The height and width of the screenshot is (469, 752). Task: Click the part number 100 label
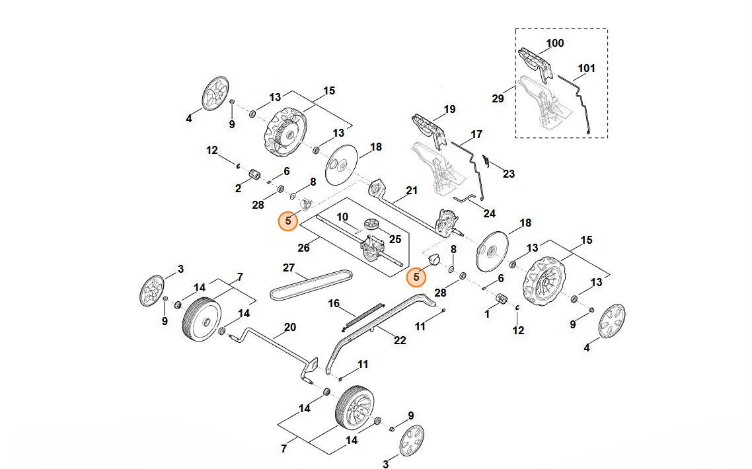[x=555, y=44]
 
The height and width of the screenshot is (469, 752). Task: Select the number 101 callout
[x=586, y=68]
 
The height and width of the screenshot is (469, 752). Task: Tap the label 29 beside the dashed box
[x=498, y=99]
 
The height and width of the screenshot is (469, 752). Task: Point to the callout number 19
[x=450, y=110]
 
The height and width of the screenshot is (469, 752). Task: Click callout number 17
[x=476, y=135]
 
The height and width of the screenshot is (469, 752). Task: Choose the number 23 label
[x=508, y=174]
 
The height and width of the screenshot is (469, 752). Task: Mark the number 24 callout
[x=489, y=213]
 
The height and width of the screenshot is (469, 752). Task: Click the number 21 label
[x=412, y=191]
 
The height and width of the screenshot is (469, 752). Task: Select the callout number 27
[x=288, y=268]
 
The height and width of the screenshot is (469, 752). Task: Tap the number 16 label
[x=334, y=303]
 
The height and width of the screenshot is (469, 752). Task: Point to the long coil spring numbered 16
[x=364, y=316]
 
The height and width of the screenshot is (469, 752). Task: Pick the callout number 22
[x=400, y=340]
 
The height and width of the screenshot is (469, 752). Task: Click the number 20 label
[x=289, y=327]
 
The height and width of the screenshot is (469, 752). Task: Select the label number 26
[x=303, y=248]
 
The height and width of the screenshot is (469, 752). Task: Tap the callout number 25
[x=395, y=238]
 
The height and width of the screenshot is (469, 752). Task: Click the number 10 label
[x=342, y=217]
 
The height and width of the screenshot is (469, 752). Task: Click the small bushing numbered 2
[x=252, y=175]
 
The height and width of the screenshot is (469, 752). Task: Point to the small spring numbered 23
[x=485, y=160]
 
